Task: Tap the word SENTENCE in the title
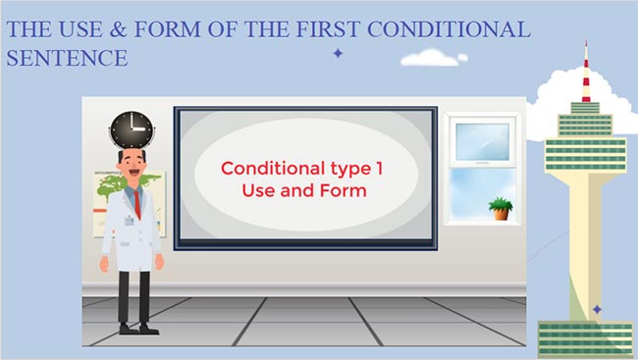point(67,58)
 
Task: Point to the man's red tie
point(138,202)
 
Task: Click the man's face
point(133,164)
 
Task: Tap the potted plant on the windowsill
point(501,208)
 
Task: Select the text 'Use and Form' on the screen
point(304,189)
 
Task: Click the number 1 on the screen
point(379,168)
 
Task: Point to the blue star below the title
point(338,53)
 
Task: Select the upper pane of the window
point(482,141)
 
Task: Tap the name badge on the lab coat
point(129,222)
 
